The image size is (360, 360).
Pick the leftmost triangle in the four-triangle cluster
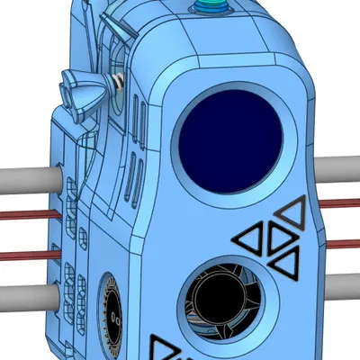pos(250,238)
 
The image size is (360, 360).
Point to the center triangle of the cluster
pos(276,239)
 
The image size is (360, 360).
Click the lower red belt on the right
pos(342,244)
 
